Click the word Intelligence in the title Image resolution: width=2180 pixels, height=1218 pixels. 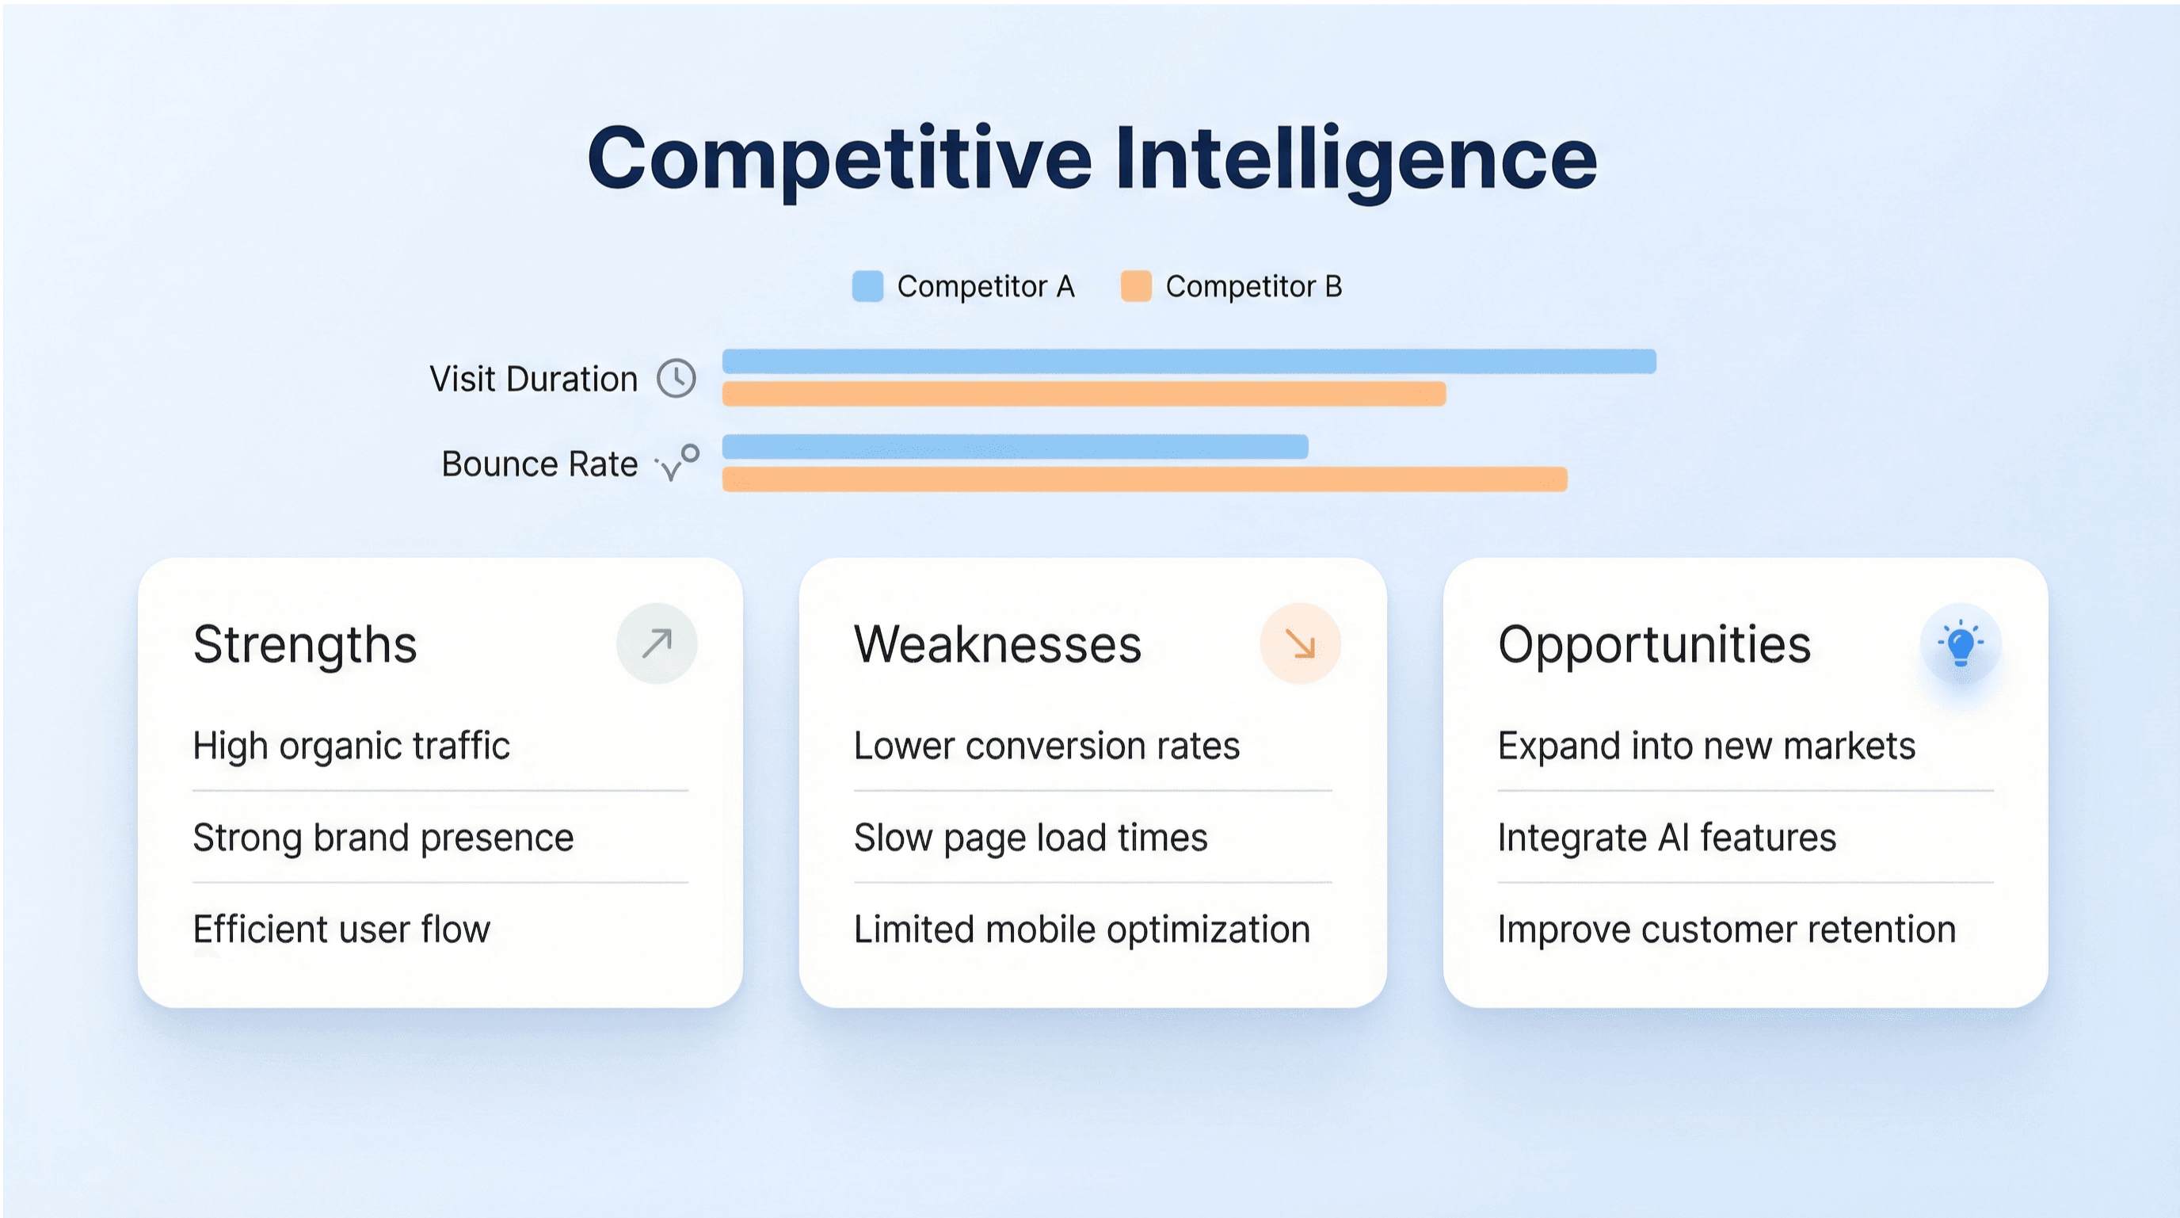(x=1355, y=159)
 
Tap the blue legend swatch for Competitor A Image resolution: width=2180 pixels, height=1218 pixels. (x=867, y=286)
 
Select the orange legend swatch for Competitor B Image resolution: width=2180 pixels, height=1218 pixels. (x=1136, y=286)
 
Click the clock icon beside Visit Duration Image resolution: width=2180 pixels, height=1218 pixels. (x=676, y=378)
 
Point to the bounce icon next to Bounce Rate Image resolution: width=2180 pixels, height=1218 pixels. (x=678, y=462)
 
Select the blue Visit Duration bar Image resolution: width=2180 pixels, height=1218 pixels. (x=1188, y=361)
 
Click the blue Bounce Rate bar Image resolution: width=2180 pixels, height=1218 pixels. (x=1015, y=446)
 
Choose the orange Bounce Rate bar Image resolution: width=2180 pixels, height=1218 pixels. (x=1144, y=479)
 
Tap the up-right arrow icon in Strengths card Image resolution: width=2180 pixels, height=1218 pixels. (x=657, y=643)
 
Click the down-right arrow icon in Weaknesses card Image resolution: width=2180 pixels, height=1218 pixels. (x=1300, y=643)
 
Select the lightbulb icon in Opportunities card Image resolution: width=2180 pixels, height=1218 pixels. (x=1960, y=643)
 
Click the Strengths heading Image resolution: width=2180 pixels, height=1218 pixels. (x=305, y=645)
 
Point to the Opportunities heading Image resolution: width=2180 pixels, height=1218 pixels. (x=1654, y=645)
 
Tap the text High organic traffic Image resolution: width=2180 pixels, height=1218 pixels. (x=351, y=746)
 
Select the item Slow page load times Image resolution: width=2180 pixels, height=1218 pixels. (x=1030, y=838)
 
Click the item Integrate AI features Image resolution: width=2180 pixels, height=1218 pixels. (x=1667, y=838)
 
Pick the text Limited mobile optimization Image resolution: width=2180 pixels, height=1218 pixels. (x=1081, y=930)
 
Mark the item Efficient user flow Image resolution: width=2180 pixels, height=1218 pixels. (x=341, y=930)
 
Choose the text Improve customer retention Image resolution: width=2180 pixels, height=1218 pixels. (x=1726, y=930)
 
